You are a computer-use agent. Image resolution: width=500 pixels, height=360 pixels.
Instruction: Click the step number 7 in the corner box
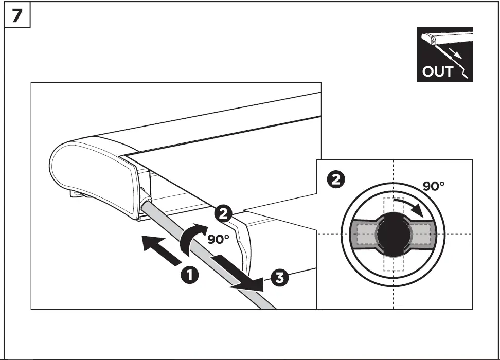[17, 16]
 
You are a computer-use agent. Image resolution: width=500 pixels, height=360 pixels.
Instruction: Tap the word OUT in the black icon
[437, 71]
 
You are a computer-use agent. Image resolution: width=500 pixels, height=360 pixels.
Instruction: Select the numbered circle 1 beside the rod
[190, 275]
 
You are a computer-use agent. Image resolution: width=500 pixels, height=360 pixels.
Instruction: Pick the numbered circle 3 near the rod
[278, 278]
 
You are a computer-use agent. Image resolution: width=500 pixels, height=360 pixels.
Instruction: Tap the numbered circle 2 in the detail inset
[336, 179]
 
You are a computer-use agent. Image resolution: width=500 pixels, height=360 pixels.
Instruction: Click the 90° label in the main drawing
[218, 239]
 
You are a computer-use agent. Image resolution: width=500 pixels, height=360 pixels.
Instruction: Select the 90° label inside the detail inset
[434, 186]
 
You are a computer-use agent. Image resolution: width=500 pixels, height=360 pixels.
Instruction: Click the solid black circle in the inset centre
[394, 234]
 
